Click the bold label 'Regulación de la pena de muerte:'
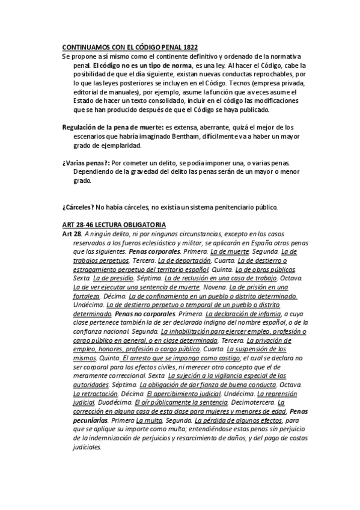point(113,127)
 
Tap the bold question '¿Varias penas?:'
point(86,163)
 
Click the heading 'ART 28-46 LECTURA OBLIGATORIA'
point(114,224)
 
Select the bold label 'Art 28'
point(72,233)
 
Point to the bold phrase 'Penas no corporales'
point(146,314)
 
